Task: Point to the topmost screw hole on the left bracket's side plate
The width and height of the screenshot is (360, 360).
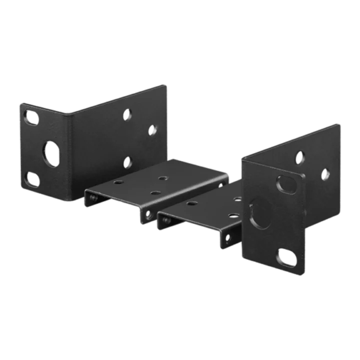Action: [x=128, y=114]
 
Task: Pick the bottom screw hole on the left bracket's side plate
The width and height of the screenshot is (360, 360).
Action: [x=128, y=161]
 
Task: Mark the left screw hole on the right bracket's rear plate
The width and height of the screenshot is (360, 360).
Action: [x=299, y=156]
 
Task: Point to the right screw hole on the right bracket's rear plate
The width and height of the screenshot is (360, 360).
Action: [x=325, y=174]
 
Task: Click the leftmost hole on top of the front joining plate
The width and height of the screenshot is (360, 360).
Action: [x=191, y=204]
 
